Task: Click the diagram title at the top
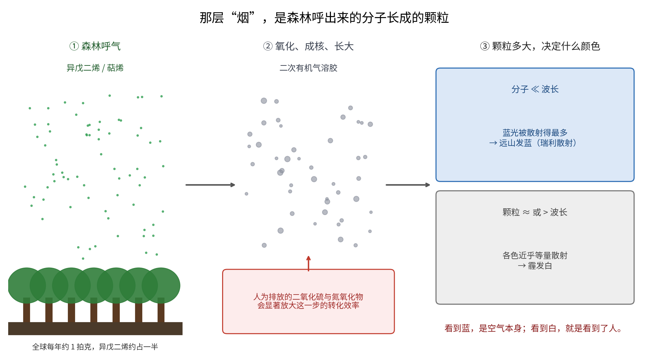pyautogui.click(x=324, y=18)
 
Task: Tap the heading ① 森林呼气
pyautogui.click(x=95, y=46)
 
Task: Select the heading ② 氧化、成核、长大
pyautogui.click(x=308, y=46)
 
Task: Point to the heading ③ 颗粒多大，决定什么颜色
pyautogui.click(x=540, y=46)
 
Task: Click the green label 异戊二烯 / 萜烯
pyautogui.click(x=95, y=68)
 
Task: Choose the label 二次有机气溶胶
pyautogui.click(x=308, y=68)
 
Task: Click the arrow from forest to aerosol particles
pyautogui.click(x=210, y=185)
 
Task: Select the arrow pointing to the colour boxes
pyautogui.click(x=408, y=185)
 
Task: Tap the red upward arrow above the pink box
pyautogui.click(x=308, y=264)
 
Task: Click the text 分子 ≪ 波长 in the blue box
pyautogui.click(x=535, y=89)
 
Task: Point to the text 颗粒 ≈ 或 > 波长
pyautogui.click(x=535, y=212)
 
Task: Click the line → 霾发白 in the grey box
pyautogui.click(x=535, y=266)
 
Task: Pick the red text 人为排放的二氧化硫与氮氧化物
pyautogui.click(x=308, y=297)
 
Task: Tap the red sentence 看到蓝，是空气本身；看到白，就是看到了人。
pyautogui.click(x=533, y=328)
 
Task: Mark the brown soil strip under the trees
pyautogui.click(x=95, y=329)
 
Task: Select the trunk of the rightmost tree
pyautogui.click(x=161, y=310)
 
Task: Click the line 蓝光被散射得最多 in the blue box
pyautogui.click(x=535, y=133)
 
